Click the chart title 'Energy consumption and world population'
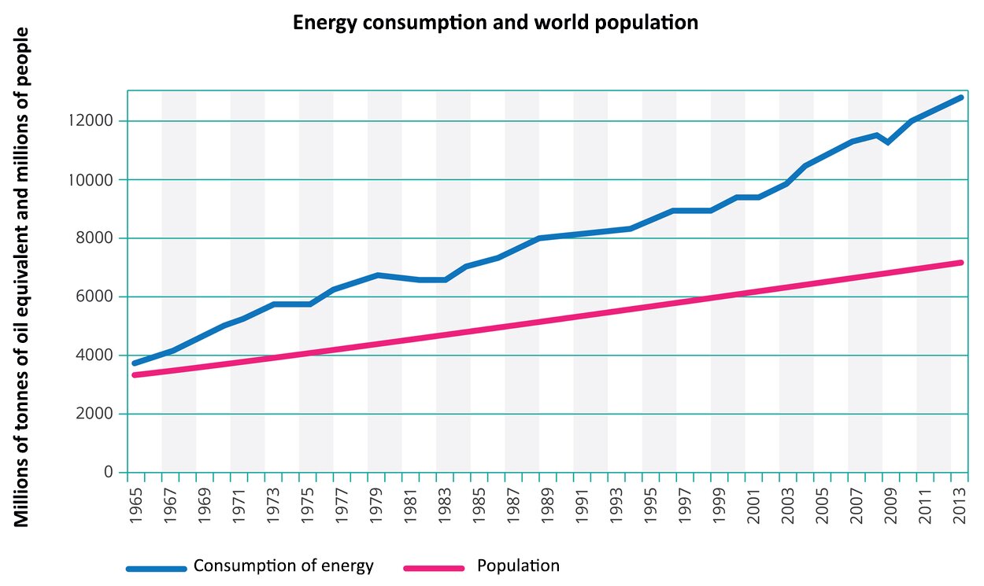point(495,23)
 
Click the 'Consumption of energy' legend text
point(283,566)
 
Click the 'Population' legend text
point(518,566)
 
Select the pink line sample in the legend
point(435,568)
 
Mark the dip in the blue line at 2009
point(889,142)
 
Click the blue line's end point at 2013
point(960,98)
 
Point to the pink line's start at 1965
point(135,374)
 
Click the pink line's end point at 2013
point(960,263)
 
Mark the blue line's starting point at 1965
point(135,363)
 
